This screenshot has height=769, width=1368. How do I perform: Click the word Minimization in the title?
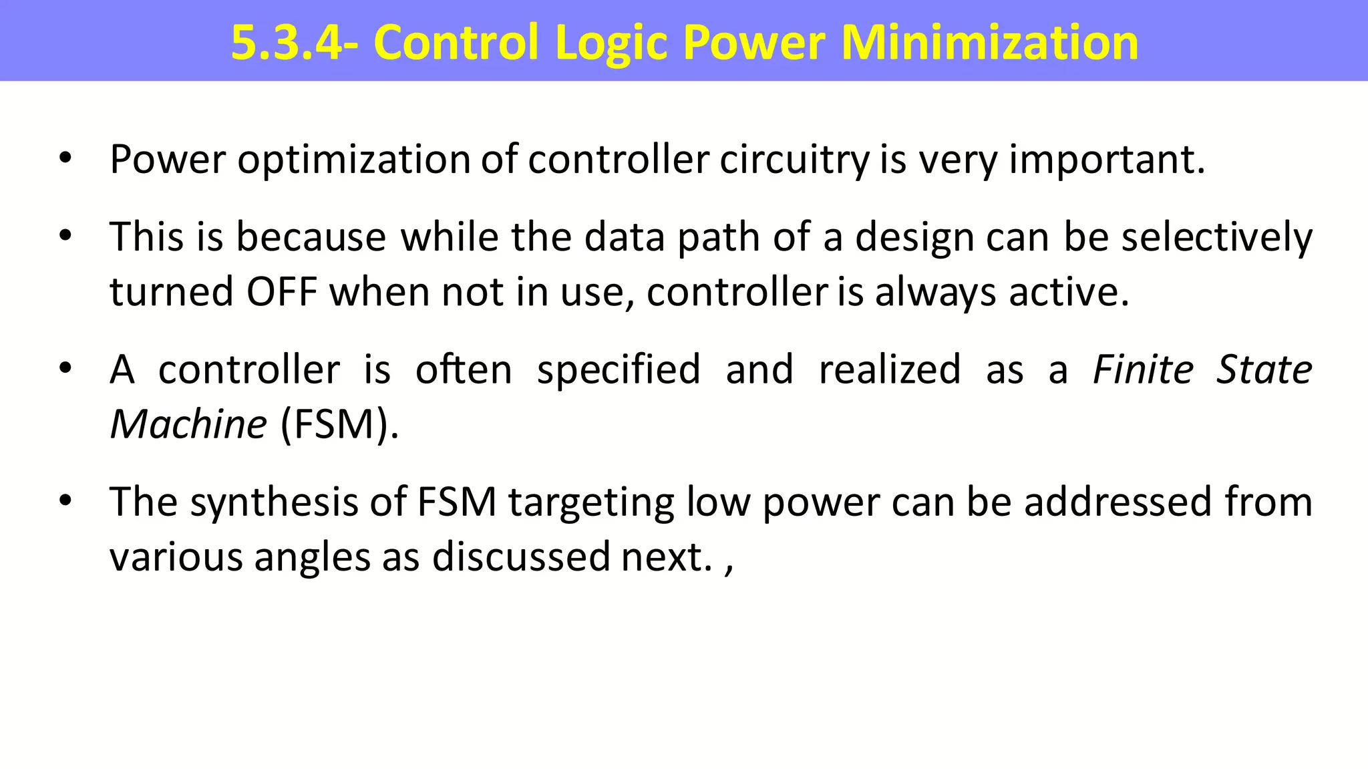989,43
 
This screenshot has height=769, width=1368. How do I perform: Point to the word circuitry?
794,160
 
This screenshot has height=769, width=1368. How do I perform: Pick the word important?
1106,160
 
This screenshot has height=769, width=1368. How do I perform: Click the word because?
311,237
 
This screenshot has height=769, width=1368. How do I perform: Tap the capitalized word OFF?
281,292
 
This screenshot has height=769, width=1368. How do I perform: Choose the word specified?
619,369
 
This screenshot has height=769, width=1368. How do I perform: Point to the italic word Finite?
1142,369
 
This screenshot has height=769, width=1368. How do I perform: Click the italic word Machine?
188,424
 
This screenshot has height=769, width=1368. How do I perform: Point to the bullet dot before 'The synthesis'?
65,500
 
